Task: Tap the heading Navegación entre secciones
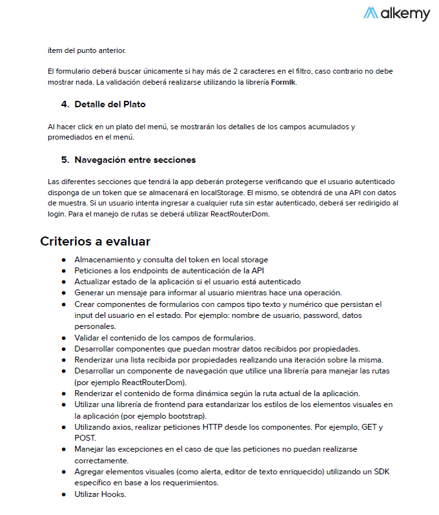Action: [x=135, y=160]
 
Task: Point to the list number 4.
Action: [x=65, y=104]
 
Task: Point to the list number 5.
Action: [x=65, y=160]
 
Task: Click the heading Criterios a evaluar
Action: [x=95, y=242]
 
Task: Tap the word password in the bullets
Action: [x=287, y=315]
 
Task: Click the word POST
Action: [x=85, y=438]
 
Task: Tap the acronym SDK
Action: [x=381, y=472]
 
